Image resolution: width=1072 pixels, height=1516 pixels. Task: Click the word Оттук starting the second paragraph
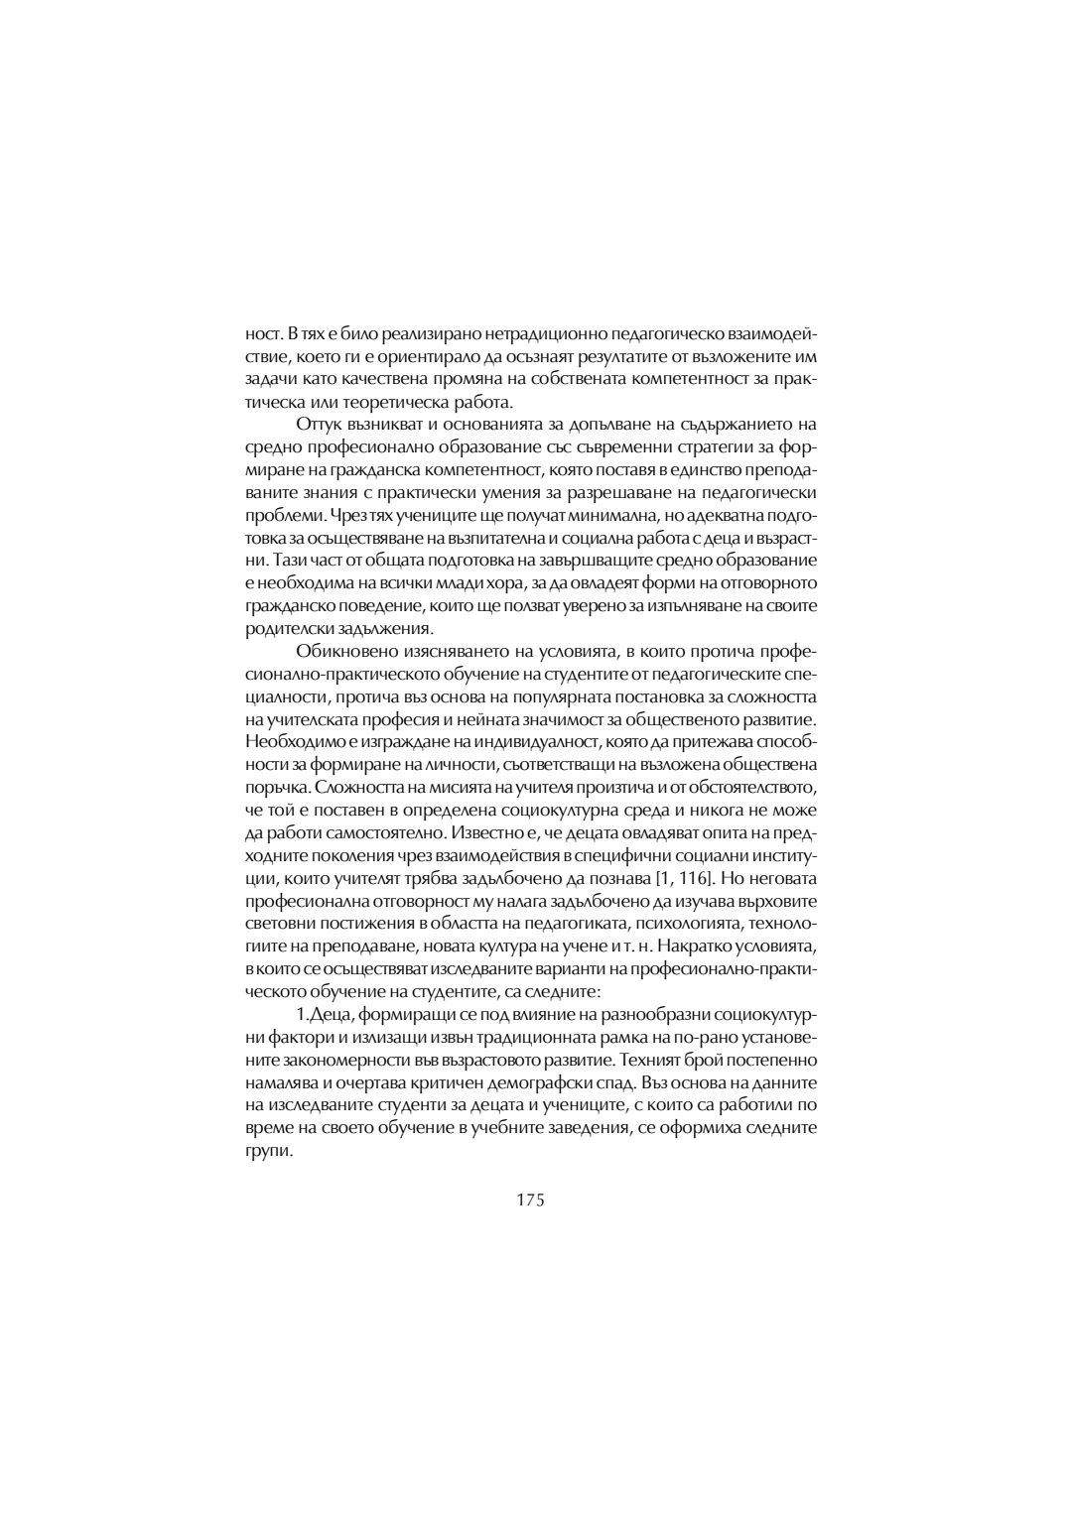coord(318,424)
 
